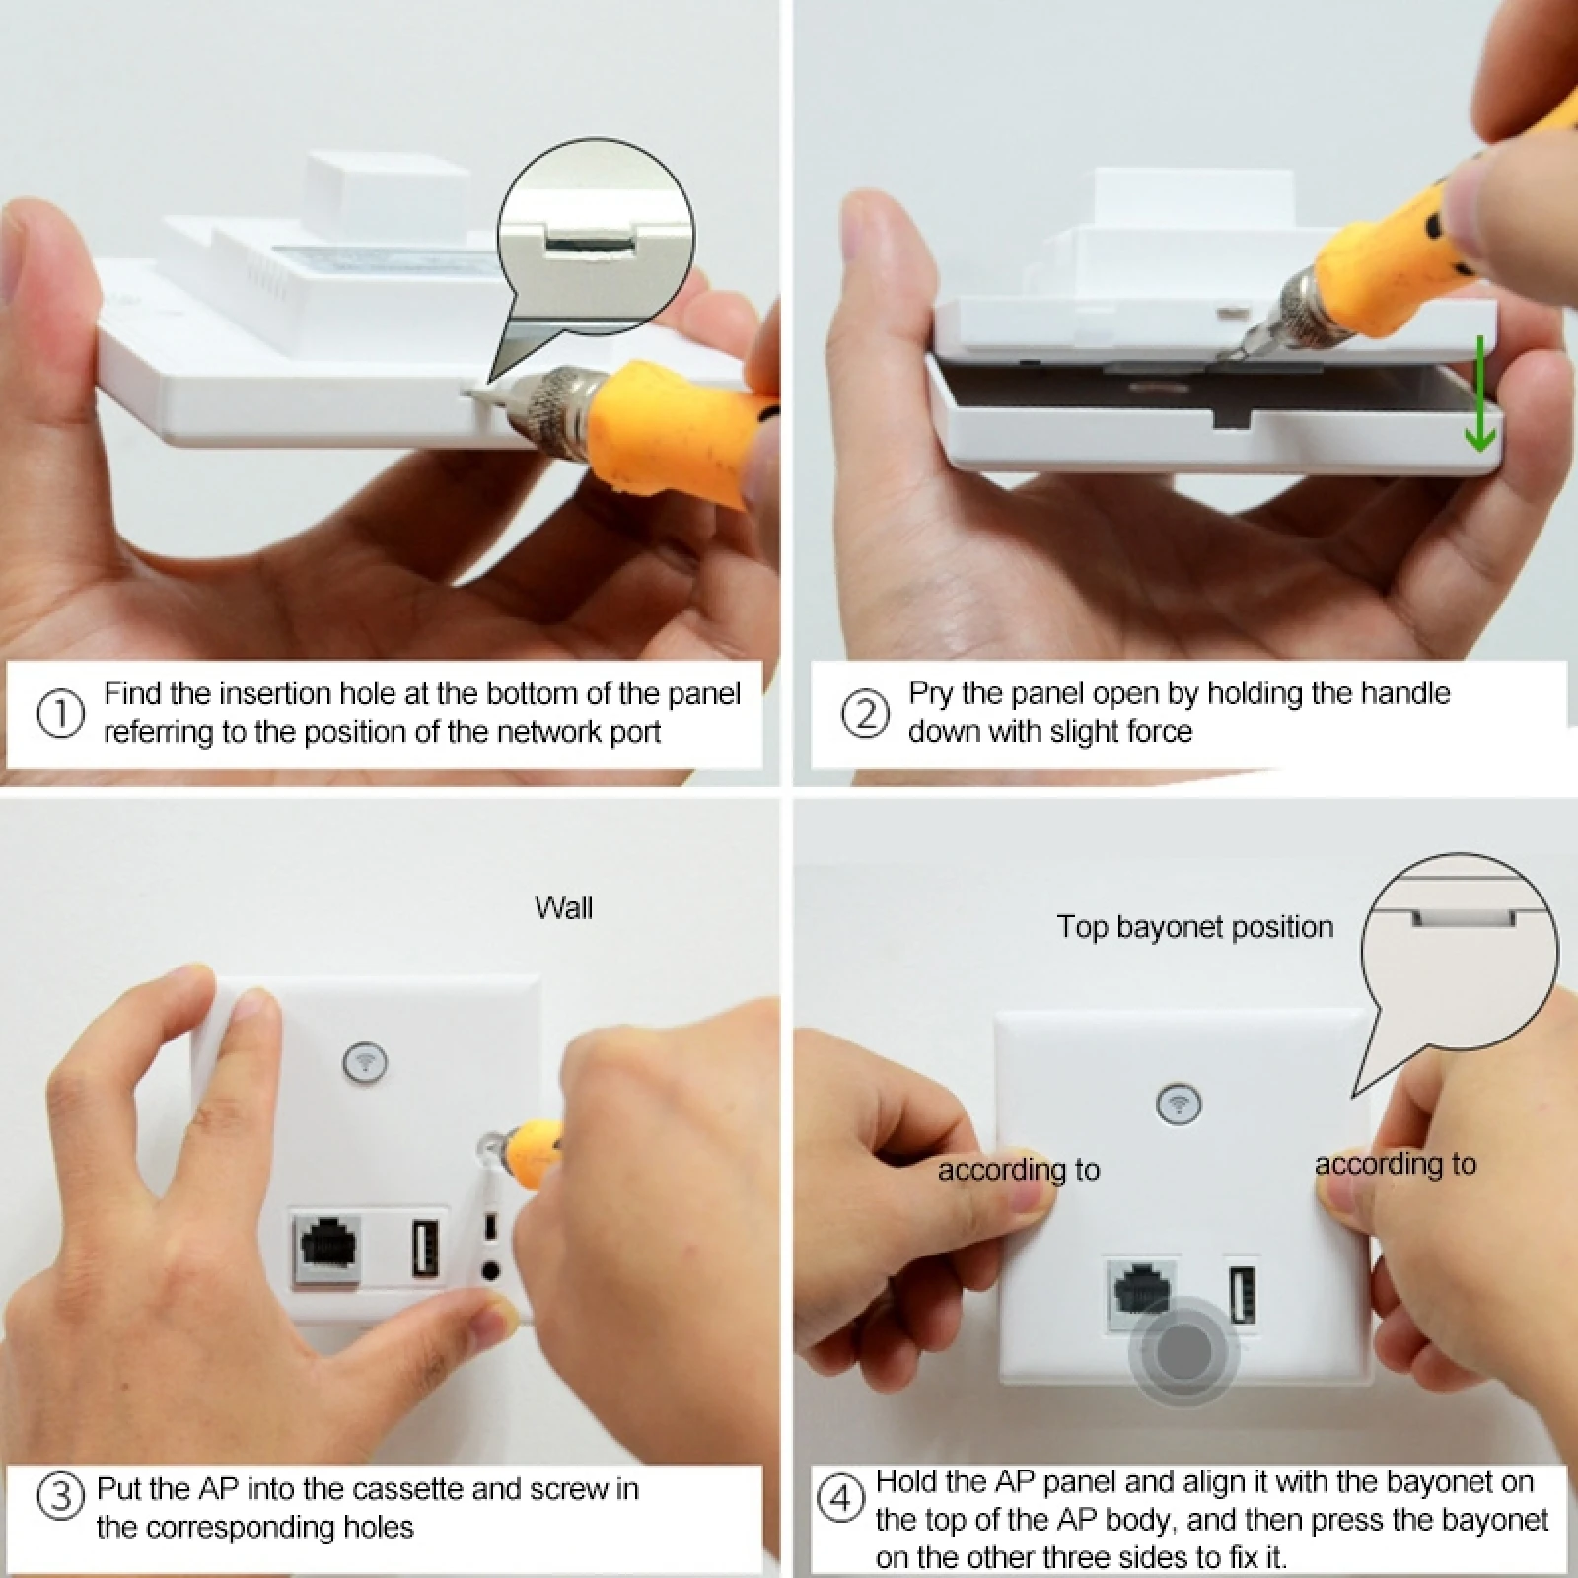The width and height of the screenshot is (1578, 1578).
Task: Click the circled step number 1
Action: click(x=60, y=713)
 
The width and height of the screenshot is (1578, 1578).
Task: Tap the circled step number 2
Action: click(x=865, y=713)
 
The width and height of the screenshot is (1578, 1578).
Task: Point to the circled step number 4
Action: click(x=841, y=1500)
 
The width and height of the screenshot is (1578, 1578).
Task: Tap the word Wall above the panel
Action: click(x=563, y=907)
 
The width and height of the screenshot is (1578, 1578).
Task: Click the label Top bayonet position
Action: click(x=1194, y=927)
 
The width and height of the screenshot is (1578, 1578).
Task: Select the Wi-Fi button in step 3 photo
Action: click(x=365, y=1062)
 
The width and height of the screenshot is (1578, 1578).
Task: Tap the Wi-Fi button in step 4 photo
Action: click(x=1179, y=1103)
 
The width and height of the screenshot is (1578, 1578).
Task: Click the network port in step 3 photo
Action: click(x=326, y=1251)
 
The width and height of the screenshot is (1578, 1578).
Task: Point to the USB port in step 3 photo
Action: click(x=425, y=1253)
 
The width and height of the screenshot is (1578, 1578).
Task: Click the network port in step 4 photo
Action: click(x=1139, y=1292)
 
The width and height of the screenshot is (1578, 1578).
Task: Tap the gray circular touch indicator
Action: click(x=1183, y=1351)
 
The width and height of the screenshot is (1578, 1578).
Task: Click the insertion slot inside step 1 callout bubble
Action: click(x=590, y=240)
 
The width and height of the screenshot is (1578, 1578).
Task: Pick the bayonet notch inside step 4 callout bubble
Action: click(x=1465, y=917)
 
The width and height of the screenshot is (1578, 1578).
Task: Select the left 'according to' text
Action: click(x=1019, y=1170)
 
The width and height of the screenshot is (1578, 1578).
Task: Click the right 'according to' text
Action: click(x=1396, y=1164)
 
